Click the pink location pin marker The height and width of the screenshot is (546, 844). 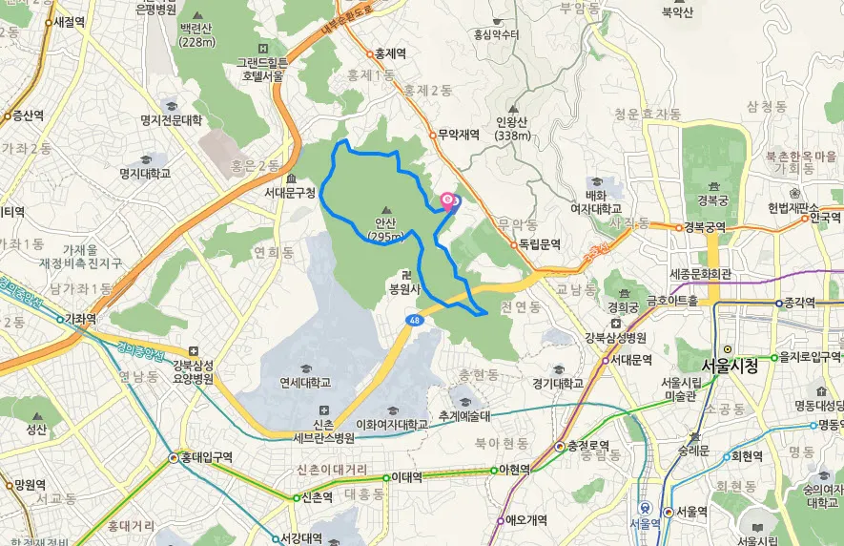(447, 200)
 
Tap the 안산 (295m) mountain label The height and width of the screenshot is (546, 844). (385, 230)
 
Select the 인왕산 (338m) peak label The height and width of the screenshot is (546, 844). (513, 128)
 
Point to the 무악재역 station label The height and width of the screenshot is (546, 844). (458, 135)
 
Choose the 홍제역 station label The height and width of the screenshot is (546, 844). (390, 54)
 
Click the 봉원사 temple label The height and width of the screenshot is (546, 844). (404, 285)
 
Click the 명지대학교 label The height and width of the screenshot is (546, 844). (145, 174)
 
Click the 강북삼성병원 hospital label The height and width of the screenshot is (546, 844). (615, 338)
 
